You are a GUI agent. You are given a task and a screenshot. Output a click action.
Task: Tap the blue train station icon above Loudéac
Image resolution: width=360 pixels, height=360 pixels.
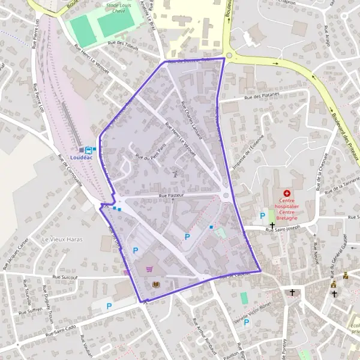click(88, 149)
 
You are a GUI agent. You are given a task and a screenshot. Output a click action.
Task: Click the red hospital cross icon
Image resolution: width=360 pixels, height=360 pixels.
click(287, 193)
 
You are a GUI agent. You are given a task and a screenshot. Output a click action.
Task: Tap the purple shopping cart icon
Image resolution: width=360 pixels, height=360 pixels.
click(149, 269)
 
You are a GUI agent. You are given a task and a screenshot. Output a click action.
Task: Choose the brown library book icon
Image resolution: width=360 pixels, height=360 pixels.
click(157, 284)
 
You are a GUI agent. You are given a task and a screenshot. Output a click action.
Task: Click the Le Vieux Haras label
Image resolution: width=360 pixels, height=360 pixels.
click(62, 239)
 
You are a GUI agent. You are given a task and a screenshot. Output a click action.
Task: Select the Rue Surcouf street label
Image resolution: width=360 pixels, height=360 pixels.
click(66, 277)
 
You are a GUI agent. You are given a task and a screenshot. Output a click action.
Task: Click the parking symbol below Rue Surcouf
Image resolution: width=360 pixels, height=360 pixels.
click(109, 306)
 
